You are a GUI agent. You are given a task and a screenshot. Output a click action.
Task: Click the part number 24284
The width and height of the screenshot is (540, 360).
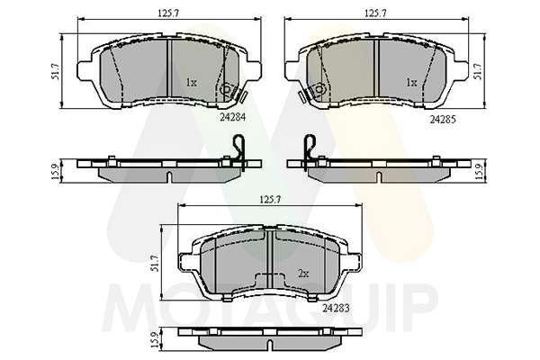click(x=233, y=117)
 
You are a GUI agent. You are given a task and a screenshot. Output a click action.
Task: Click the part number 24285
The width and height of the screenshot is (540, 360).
click(x=443, y=120)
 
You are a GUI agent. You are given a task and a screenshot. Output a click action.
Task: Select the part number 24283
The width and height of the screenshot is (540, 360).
click(x=336, y=308)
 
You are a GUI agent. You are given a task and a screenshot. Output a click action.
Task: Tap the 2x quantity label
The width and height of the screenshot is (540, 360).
click(x=303, y=274)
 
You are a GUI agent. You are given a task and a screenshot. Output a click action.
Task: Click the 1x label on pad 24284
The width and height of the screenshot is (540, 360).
click(x=191, y=83)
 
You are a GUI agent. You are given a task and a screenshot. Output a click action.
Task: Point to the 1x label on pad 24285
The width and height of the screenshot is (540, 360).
click(x=411, y=83)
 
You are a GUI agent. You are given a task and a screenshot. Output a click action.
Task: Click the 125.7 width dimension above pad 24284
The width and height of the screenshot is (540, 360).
click(x=169, y=13)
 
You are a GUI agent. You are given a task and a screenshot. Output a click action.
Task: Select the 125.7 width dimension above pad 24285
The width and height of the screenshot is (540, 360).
click(x=375, y=13)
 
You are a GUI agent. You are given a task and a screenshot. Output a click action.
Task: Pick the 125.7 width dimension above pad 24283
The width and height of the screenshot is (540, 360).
click(x=270, y=200)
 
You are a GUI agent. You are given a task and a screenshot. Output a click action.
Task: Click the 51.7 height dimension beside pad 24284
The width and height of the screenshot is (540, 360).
click(x=56, y=72)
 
